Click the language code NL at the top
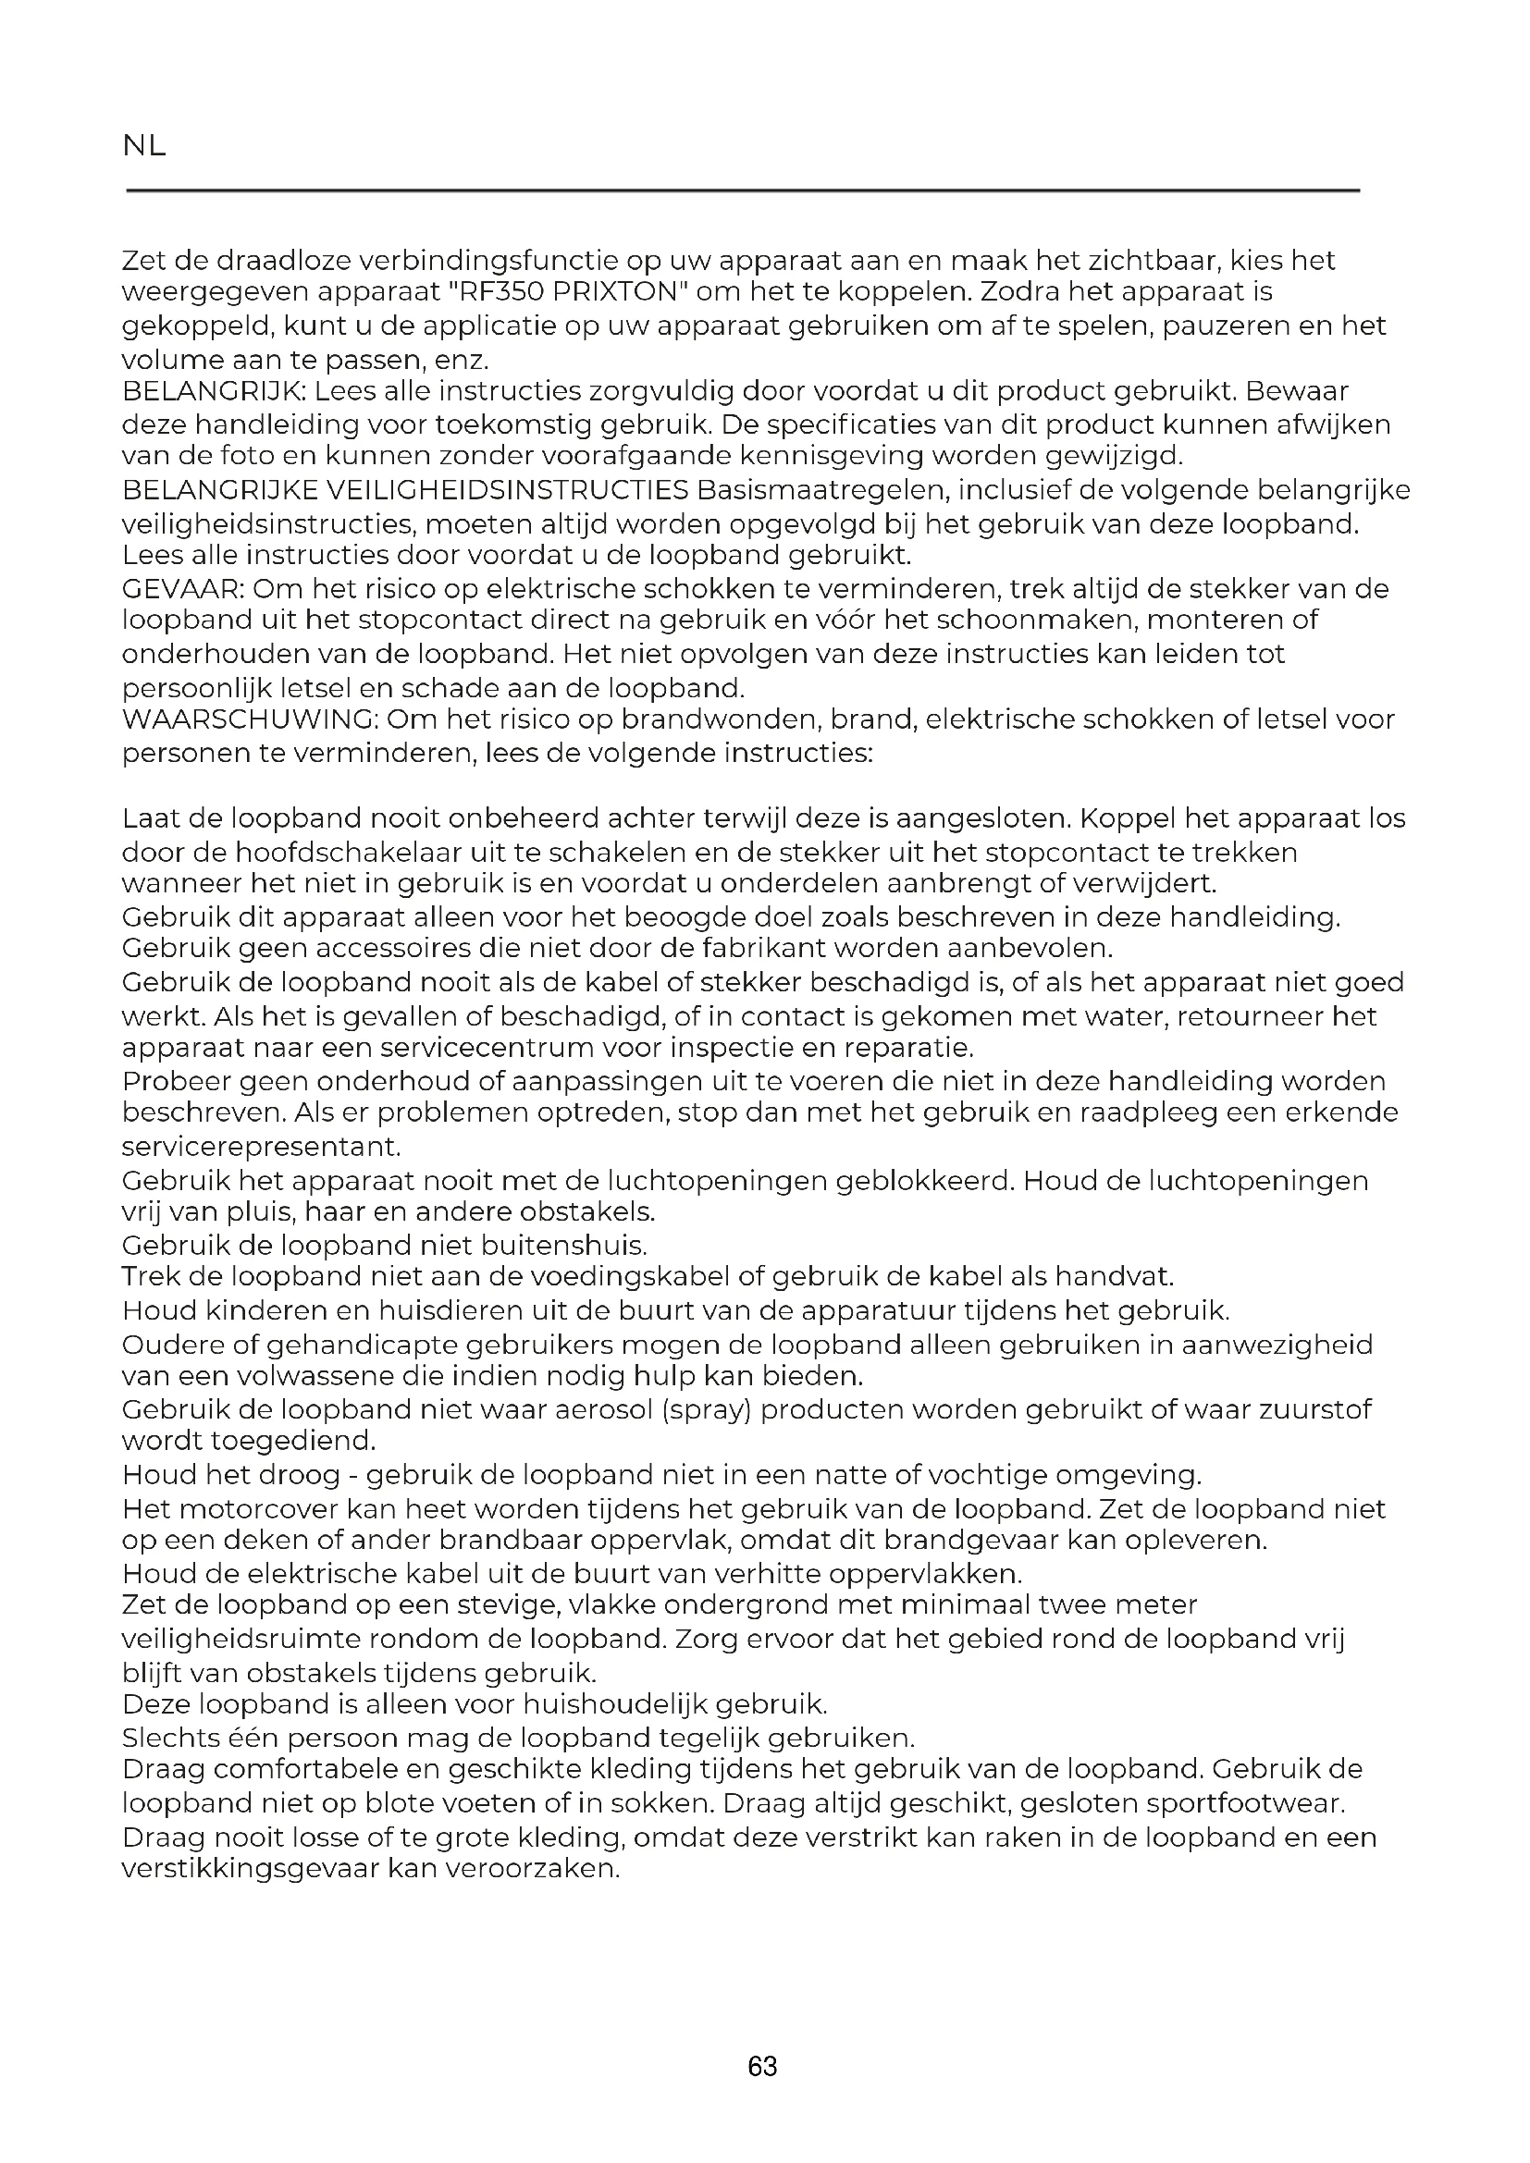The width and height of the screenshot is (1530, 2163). pos(144,146)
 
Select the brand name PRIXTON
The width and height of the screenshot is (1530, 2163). pos(611,292)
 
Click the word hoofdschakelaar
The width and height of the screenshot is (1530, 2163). pos(322,853)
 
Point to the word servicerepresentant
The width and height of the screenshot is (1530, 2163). pos(261,1147)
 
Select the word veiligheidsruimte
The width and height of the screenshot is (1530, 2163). pos(241,1640)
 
